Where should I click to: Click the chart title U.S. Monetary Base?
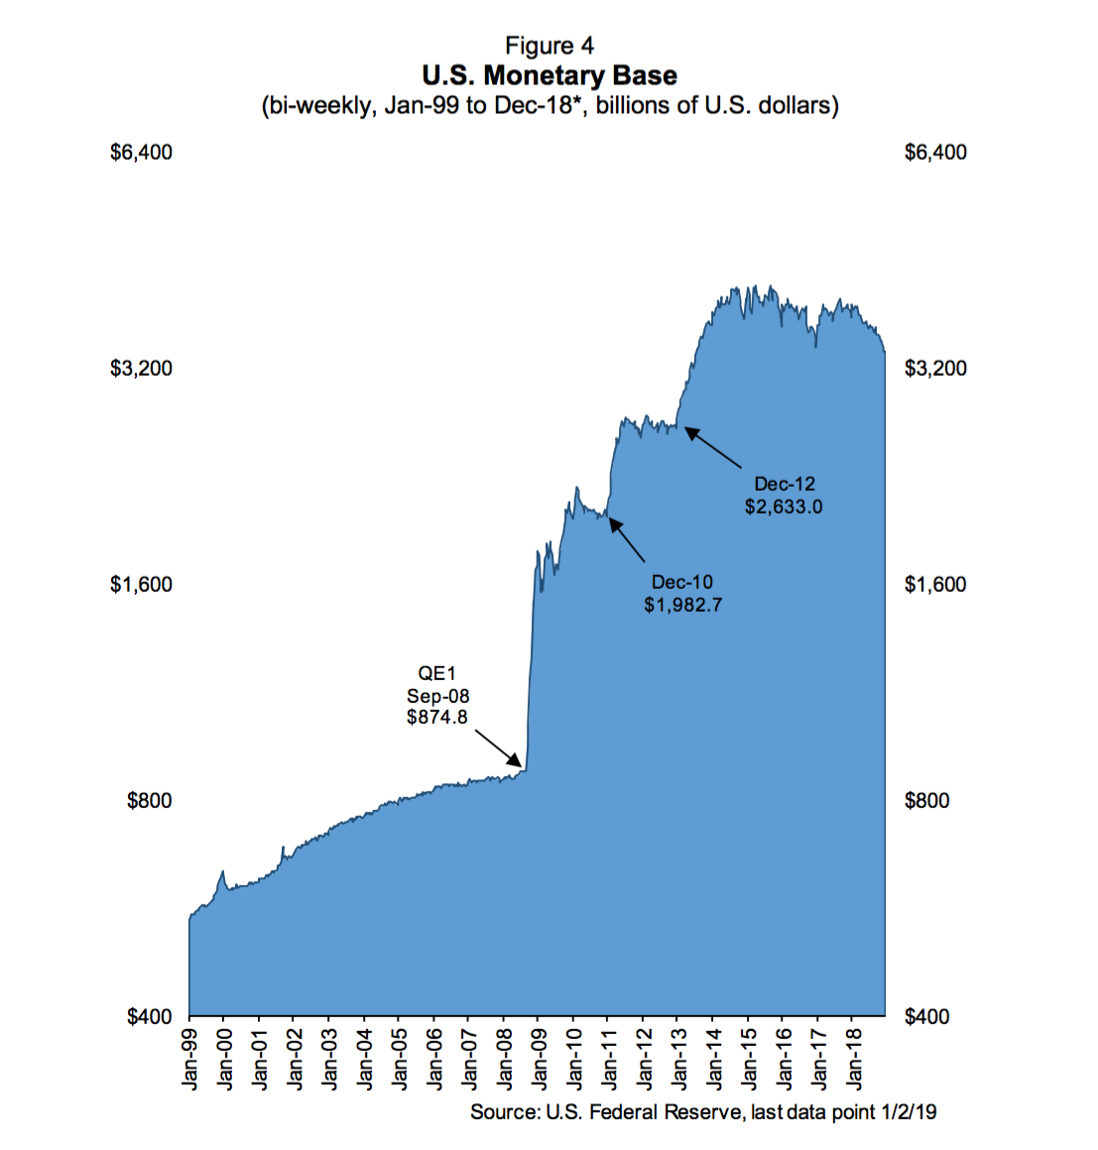point(549,75)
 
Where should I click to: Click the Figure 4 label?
point(549,46)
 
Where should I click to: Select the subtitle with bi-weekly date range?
point(549,105)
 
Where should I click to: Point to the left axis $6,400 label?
point(141,153)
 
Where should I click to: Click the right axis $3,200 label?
point(935,369)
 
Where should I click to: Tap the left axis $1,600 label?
point(141,585)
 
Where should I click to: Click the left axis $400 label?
point(150,1017)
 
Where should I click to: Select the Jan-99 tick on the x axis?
point(189,1059)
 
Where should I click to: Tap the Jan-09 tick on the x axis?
point(539,1059)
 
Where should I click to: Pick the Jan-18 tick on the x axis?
point(852,1059)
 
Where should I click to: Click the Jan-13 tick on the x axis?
point(677,1059)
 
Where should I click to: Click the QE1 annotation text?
point(437,674)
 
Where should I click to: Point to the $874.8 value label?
point(437,717)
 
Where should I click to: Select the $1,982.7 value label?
point(682,605)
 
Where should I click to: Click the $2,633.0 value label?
point(784,507)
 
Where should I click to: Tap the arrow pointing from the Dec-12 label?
point(713,447)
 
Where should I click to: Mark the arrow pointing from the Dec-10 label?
point(627,540)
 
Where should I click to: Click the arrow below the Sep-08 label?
point(499,748)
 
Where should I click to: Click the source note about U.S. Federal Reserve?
point(702,1112)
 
